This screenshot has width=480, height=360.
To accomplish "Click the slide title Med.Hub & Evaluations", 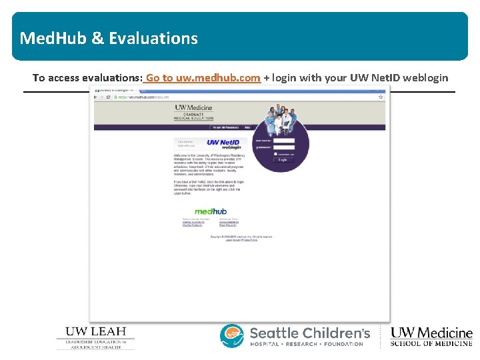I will click(109, 38).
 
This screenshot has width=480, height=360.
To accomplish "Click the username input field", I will click(284, 141).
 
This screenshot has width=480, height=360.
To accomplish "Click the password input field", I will click(284, 147).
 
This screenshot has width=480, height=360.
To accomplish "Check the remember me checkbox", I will click(275, 154).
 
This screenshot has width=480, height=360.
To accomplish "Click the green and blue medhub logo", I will click(211, 212).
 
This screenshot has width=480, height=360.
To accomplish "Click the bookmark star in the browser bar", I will click(380, 97).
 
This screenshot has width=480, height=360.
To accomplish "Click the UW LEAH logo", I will click(95, 337).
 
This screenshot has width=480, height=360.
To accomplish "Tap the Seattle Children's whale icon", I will click(233, 335).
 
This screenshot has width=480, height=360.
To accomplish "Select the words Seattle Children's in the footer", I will click(309, 332).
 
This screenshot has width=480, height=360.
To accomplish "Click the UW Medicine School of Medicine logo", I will click(431, 337).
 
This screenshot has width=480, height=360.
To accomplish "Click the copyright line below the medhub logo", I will click(241, 236).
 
